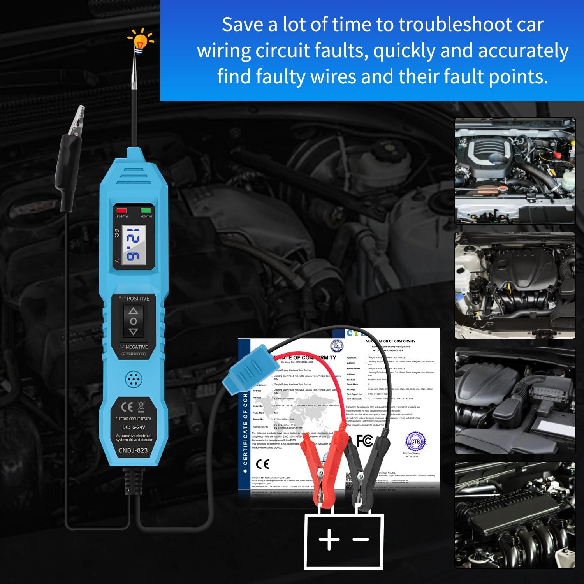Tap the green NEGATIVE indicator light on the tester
146,211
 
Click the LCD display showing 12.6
133,245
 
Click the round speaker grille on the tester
134,379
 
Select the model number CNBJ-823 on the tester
133,450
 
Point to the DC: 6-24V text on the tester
133,427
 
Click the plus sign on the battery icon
329,540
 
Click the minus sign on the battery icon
361,540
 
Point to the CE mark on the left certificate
263,464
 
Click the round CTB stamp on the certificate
415,441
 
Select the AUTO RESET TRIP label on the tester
134,354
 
